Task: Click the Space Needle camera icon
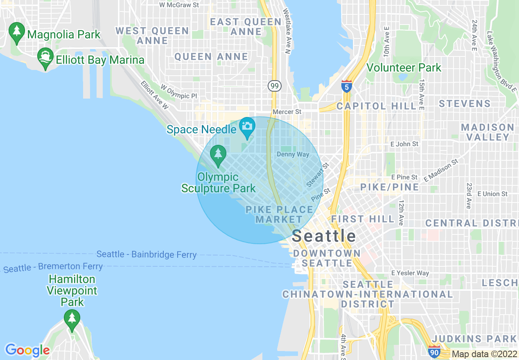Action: click(x=247, y=126)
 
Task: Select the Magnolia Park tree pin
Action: click(x=17, y=32)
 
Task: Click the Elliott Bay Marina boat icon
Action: click(x=45, y=58)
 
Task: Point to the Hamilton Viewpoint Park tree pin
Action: click(x=72, y=319)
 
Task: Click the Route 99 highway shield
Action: click(x=274, y=86)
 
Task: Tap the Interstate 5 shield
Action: click(x=346, y=87)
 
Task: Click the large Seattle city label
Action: click(x=324, y=236)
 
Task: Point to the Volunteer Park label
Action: click(x=404, y=67)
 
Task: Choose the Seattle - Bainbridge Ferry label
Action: click(x=147, y=254)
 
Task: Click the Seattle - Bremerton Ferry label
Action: click(x=53, y=268)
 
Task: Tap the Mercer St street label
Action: click(x=287, y=112)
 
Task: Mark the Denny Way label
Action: click(x=293, y=154)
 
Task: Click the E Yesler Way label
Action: click(x=410, y=273)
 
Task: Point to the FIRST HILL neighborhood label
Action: click(x=363, y=219)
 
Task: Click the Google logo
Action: click(x=27, y=350)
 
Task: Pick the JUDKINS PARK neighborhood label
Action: click(x=474, y=338)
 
